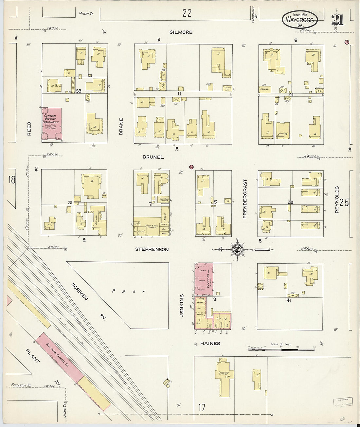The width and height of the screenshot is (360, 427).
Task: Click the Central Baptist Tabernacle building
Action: (51, 124)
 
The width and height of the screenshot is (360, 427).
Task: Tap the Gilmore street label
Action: (181, 32)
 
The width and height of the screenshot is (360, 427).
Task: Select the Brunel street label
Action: (153, 157)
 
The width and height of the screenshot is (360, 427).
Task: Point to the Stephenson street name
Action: (152, 249)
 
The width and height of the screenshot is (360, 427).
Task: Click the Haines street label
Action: (210, 343)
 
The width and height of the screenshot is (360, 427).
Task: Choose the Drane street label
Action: (121, 126)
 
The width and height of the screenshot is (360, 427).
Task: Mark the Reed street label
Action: (29, 129)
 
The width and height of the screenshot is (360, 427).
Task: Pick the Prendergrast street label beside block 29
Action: (244, 198)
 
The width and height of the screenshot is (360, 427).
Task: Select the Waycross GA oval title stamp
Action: (299, 20)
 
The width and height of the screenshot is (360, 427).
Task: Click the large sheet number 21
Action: (337, 20)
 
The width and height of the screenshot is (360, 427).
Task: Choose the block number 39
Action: (78, 91)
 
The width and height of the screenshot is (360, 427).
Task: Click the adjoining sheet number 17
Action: (202, 408)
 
